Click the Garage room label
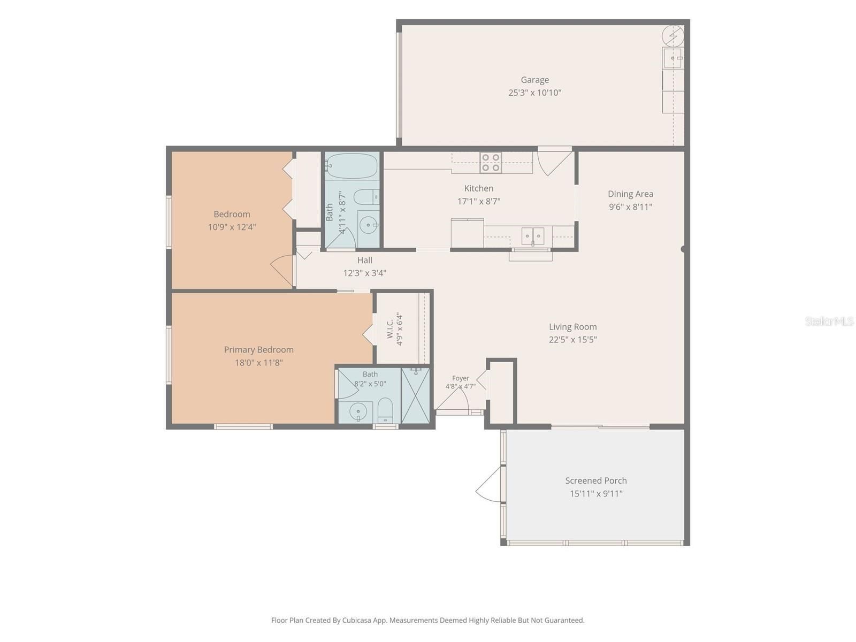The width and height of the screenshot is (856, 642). (534, 80)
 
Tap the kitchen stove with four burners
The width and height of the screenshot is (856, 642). (491, 163)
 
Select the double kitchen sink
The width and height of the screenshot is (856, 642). (533, 235)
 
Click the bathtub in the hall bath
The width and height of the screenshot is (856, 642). (351, 166)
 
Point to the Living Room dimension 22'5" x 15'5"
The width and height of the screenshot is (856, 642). (572, 340)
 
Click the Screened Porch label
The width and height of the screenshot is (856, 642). (596, 480)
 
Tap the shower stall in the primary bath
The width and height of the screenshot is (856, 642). (415, 395)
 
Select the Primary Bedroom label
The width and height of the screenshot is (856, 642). (258, 350)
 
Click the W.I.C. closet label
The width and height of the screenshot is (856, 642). (390, 330)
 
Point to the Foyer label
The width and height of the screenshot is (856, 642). (460, 378)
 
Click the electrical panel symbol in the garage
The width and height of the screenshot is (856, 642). (672, 36)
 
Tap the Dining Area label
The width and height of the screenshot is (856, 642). (630, 194)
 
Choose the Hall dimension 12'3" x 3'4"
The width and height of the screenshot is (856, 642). (365, 273)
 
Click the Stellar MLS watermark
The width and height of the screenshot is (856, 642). (829, 321)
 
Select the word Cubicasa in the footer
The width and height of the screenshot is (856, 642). (357, 620)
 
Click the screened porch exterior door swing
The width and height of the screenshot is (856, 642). (488, 485)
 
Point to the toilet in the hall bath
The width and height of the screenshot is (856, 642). (368, 197)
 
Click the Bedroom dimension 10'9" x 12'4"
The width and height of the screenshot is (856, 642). (232, 227)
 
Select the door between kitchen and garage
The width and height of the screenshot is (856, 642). (555, 161)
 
